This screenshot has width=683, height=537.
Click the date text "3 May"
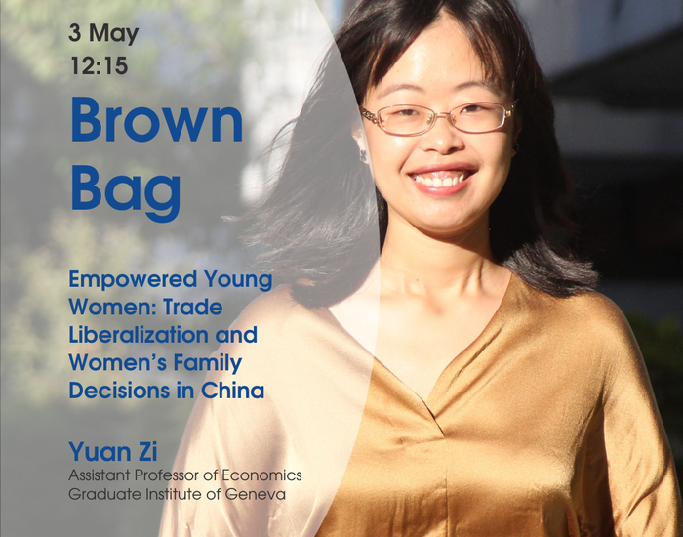103,34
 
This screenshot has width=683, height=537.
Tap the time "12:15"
100,65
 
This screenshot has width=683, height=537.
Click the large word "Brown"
157,120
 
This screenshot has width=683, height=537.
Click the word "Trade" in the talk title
187,308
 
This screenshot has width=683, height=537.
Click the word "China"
232,391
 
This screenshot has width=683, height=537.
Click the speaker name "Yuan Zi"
113,451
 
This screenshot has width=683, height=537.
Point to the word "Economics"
261,475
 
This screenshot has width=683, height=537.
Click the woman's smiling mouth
441,179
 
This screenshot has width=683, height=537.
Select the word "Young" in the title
238,280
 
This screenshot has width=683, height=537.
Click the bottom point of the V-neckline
436,416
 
